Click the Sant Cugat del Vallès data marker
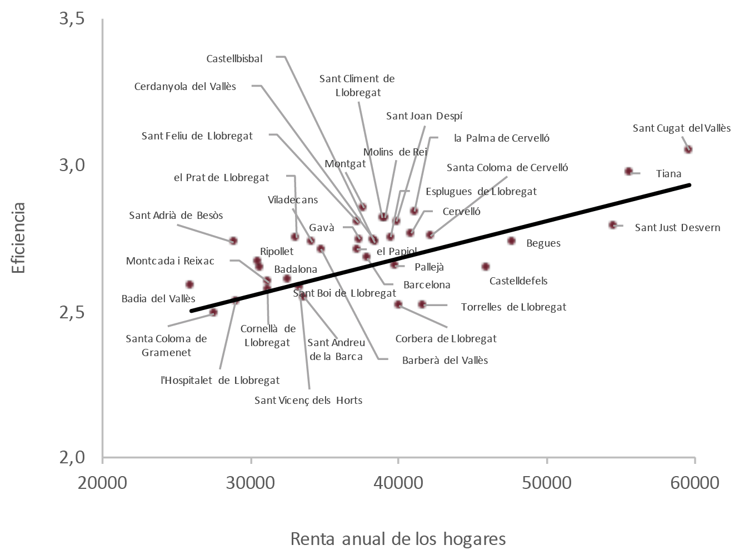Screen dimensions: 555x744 point(688,149)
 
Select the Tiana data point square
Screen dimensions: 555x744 point(628,172)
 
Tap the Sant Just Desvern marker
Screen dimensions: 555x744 point(613,225)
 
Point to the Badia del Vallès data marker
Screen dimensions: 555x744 point(189,284)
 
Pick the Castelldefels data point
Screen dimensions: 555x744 point(486,267)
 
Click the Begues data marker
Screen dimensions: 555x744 point(512,241)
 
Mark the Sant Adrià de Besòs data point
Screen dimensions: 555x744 point(233,241)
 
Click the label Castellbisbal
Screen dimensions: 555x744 point(234,58)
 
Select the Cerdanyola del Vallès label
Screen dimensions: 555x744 point(185,87)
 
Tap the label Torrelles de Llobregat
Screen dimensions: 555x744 point(513,307)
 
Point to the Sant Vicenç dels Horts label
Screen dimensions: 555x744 point(308,400)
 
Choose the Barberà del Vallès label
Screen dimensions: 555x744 point(445,360)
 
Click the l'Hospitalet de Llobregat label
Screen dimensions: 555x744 point(219,381)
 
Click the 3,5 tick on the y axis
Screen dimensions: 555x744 point(72,19)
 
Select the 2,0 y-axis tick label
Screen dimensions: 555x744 point(72,457)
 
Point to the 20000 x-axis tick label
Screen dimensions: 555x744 point(103,482)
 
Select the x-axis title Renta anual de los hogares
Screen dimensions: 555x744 point(398,538)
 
